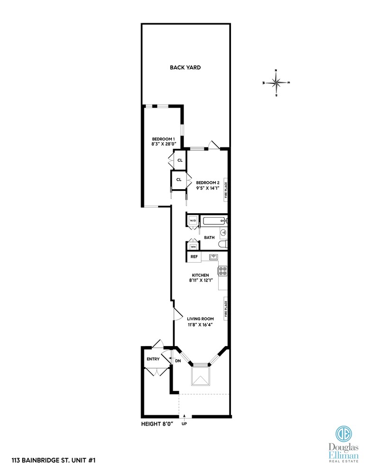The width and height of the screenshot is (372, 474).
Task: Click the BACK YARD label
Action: coord(186,68)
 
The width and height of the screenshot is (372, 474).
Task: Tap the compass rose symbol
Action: coord(276,82)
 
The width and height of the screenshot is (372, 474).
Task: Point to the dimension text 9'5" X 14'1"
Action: coord(208,188)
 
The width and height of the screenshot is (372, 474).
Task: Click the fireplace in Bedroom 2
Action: coord(226,189)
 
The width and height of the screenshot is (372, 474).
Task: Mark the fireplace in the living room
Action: coord(226,307)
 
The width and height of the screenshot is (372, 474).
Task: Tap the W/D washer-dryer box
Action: coord(193,221)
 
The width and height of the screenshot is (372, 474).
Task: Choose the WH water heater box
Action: coord(193,246)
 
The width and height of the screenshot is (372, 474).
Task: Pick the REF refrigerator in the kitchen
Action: coord(194,257)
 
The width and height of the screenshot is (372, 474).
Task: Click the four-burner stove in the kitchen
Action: coord(222,271)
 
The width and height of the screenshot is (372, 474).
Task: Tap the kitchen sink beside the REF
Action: coord(213,257)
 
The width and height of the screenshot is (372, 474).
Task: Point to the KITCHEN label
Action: coord(200,275)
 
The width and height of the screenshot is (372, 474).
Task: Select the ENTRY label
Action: coord(153,359)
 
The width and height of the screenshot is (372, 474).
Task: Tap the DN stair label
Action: coord(178,361)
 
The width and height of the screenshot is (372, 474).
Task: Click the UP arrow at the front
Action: coord(184,418)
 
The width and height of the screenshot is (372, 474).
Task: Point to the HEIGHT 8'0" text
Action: coord(158,423)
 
